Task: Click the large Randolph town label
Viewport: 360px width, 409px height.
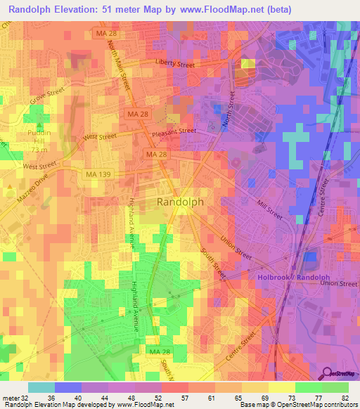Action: pyautogui.click(x=179, y=202)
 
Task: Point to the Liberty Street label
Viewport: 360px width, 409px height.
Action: pyautogui.click(x=174, y=64)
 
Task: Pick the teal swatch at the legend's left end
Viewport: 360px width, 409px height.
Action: pyautogui.click(x=41, y=387)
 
